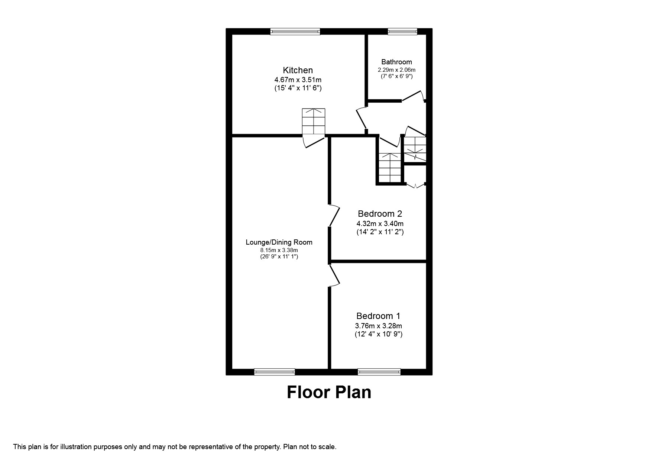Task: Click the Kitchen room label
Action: [298, 70]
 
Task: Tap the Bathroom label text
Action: [396, 62]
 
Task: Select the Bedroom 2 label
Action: [380, 214]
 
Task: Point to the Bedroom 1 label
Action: [378, 316]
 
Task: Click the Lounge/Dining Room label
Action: [279, 242]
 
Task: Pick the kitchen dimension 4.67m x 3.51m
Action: [298, 80]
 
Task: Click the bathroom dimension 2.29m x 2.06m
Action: [396, 70]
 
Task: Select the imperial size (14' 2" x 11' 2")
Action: [380, 232]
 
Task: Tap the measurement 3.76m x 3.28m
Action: [378, 326]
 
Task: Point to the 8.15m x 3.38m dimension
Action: [279, 250]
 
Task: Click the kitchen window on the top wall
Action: [295, 32]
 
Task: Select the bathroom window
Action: [402, 32]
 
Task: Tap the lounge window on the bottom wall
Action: [275, 371]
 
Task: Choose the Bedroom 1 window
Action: [379, 371]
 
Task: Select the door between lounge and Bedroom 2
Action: [334, 215]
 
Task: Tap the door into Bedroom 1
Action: [334, 275]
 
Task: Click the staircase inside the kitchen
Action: [314, 122]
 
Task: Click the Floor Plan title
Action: [329, 392]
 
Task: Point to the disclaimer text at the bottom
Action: [175, 447]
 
